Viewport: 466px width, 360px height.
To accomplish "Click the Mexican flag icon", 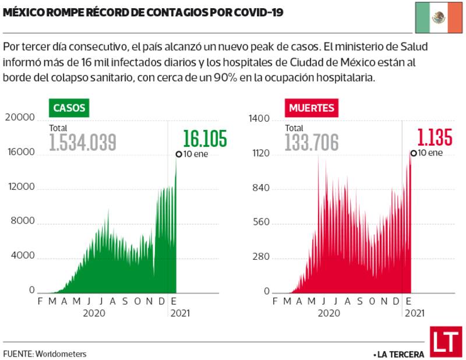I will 438,17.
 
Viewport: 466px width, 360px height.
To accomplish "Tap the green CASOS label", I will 69,108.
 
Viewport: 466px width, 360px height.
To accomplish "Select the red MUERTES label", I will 311,108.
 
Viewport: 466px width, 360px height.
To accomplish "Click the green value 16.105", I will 204,139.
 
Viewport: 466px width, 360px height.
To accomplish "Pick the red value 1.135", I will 435,139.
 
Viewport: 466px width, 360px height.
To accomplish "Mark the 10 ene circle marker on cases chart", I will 179,154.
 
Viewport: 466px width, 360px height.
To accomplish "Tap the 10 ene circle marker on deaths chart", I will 414,153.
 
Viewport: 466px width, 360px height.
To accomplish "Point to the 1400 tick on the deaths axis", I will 259,119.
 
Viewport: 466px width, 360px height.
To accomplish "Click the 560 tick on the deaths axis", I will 260,223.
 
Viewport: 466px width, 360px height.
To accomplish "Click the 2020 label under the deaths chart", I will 329,313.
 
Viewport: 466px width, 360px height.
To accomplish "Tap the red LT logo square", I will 446,343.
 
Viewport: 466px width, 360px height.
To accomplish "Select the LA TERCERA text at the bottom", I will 398,354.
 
